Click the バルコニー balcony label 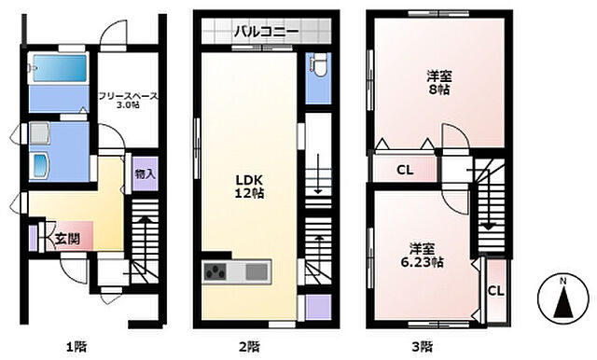[266, 31]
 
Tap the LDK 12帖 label [249, 187]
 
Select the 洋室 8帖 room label [439, 83]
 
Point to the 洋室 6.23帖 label [423, 256]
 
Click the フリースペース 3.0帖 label [128, 100]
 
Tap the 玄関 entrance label [67, 239]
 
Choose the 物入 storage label [146, 174]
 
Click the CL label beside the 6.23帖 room [495, 292]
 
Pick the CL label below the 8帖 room [405, 170]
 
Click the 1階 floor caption [76, 347]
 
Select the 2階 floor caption [249, 347]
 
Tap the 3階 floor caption [422, 347]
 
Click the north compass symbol [563, 298]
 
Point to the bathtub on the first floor [60, 68]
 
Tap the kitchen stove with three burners [215, 272]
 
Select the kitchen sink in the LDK [257, 272]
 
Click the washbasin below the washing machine [40, 164]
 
